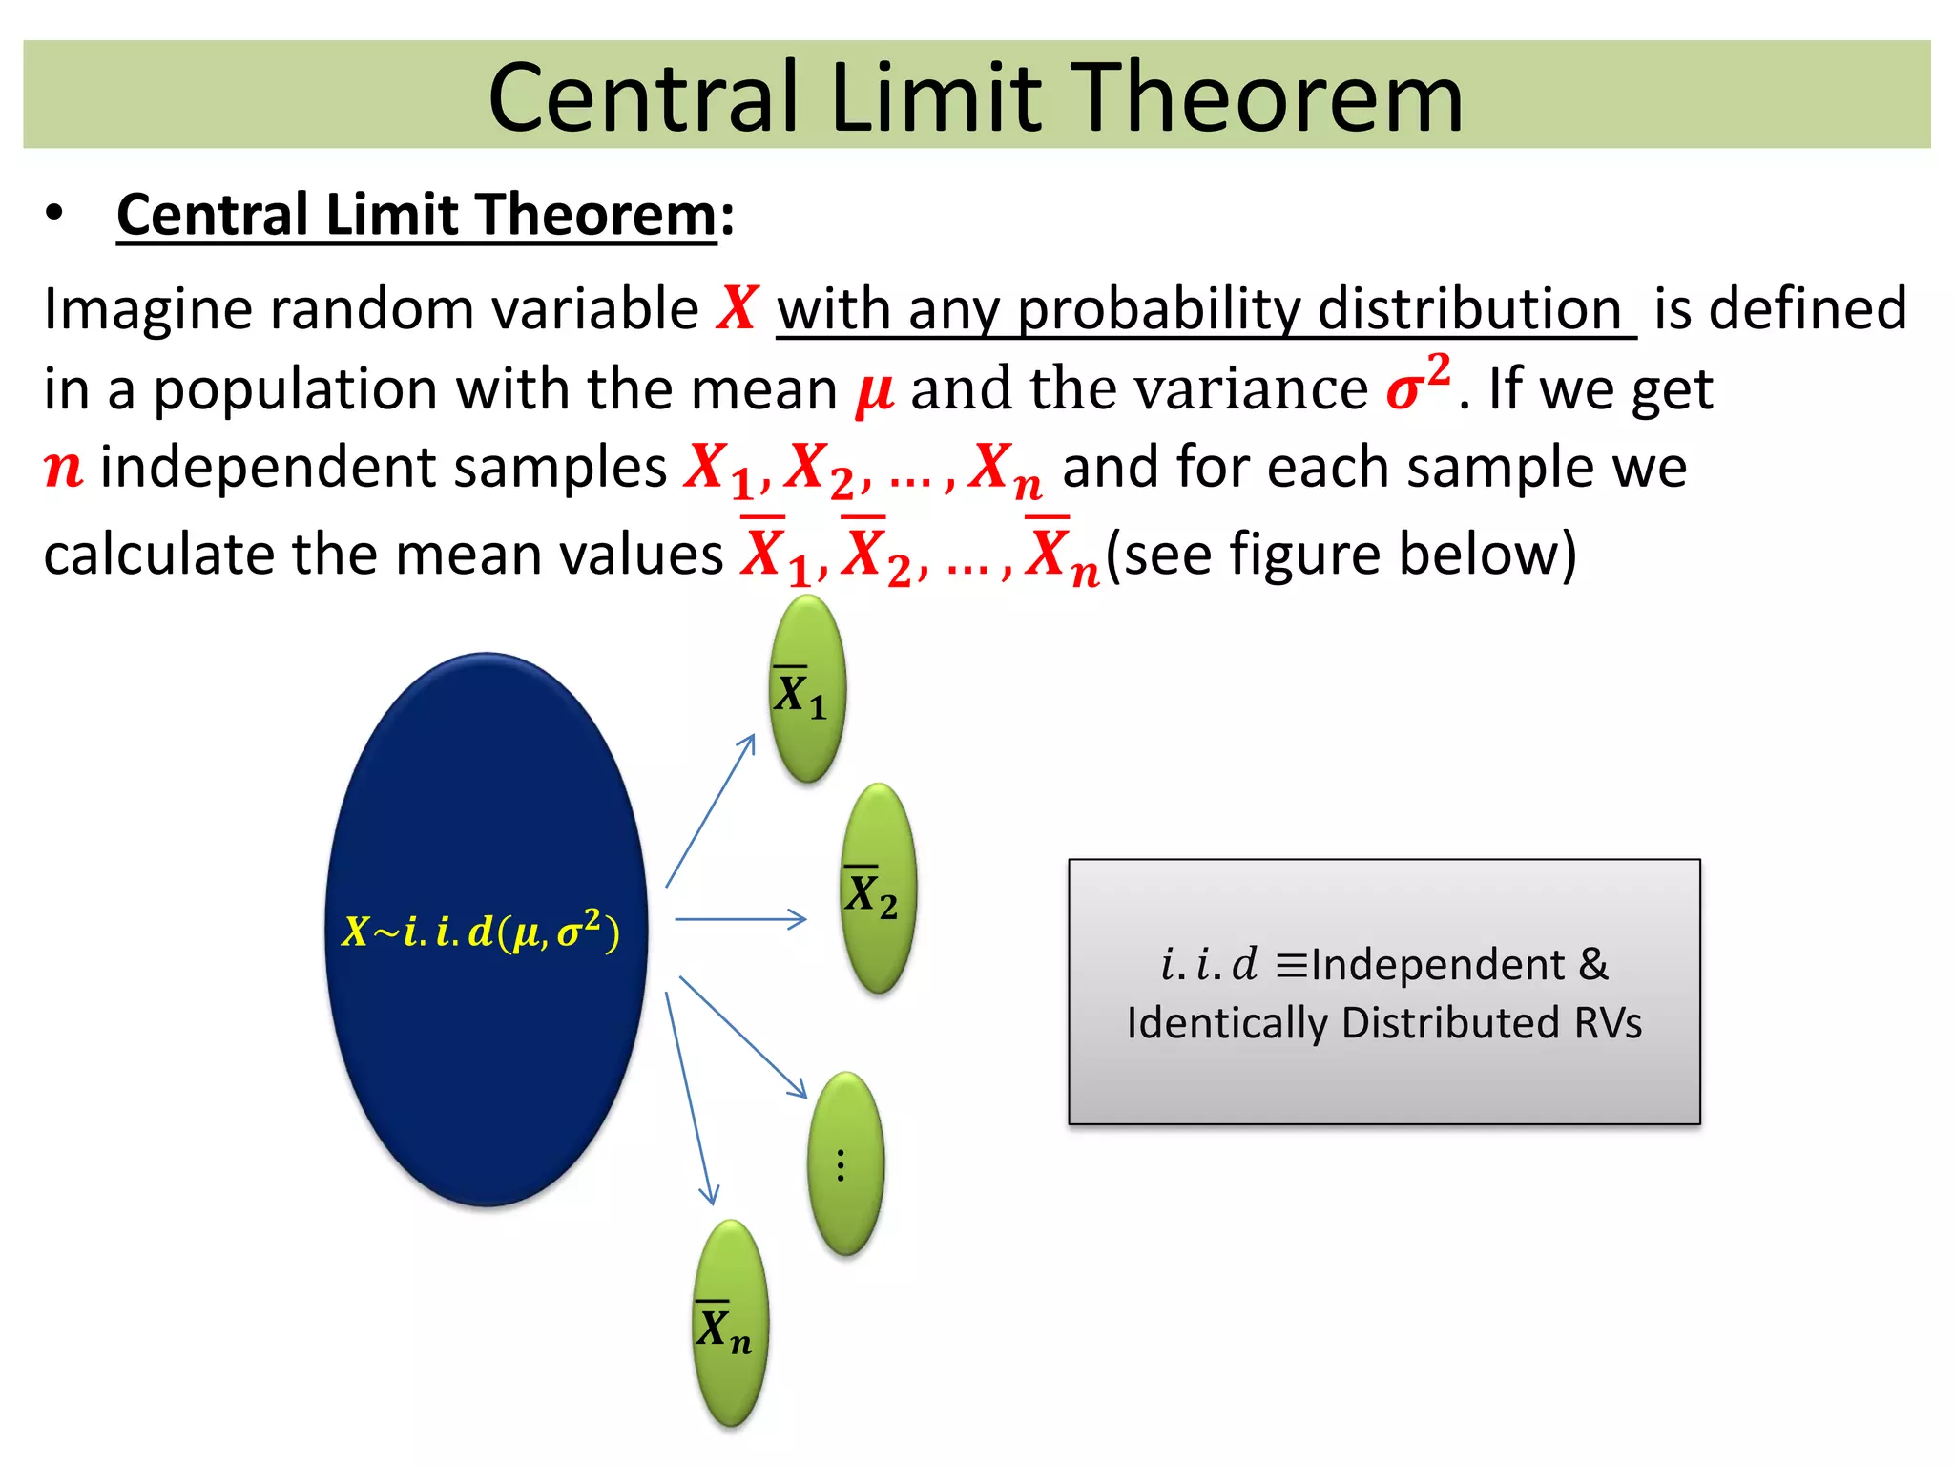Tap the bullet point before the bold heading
point(54,214)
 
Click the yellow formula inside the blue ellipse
point(481,931)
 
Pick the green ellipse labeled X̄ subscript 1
point(807,689)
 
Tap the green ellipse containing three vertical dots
point(845,1163)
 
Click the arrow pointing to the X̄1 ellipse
point(710,811)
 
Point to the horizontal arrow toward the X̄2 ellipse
point(740,919)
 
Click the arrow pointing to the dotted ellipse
point(743,1037)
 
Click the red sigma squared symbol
point(1418,384)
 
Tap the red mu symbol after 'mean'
point(874,391)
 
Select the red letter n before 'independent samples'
point(64,468)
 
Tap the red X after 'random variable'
point(738,308)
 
